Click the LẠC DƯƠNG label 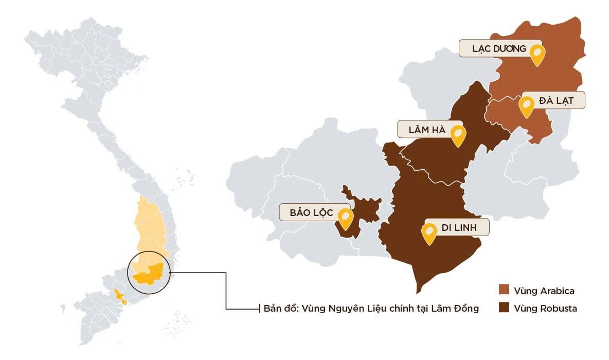point(499,49)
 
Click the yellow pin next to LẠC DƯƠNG point(537,53)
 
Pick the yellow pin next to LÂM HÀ point(457,134)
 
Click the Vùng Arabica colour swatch point(504,291)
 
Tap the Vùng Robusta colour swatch point(504,309)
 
